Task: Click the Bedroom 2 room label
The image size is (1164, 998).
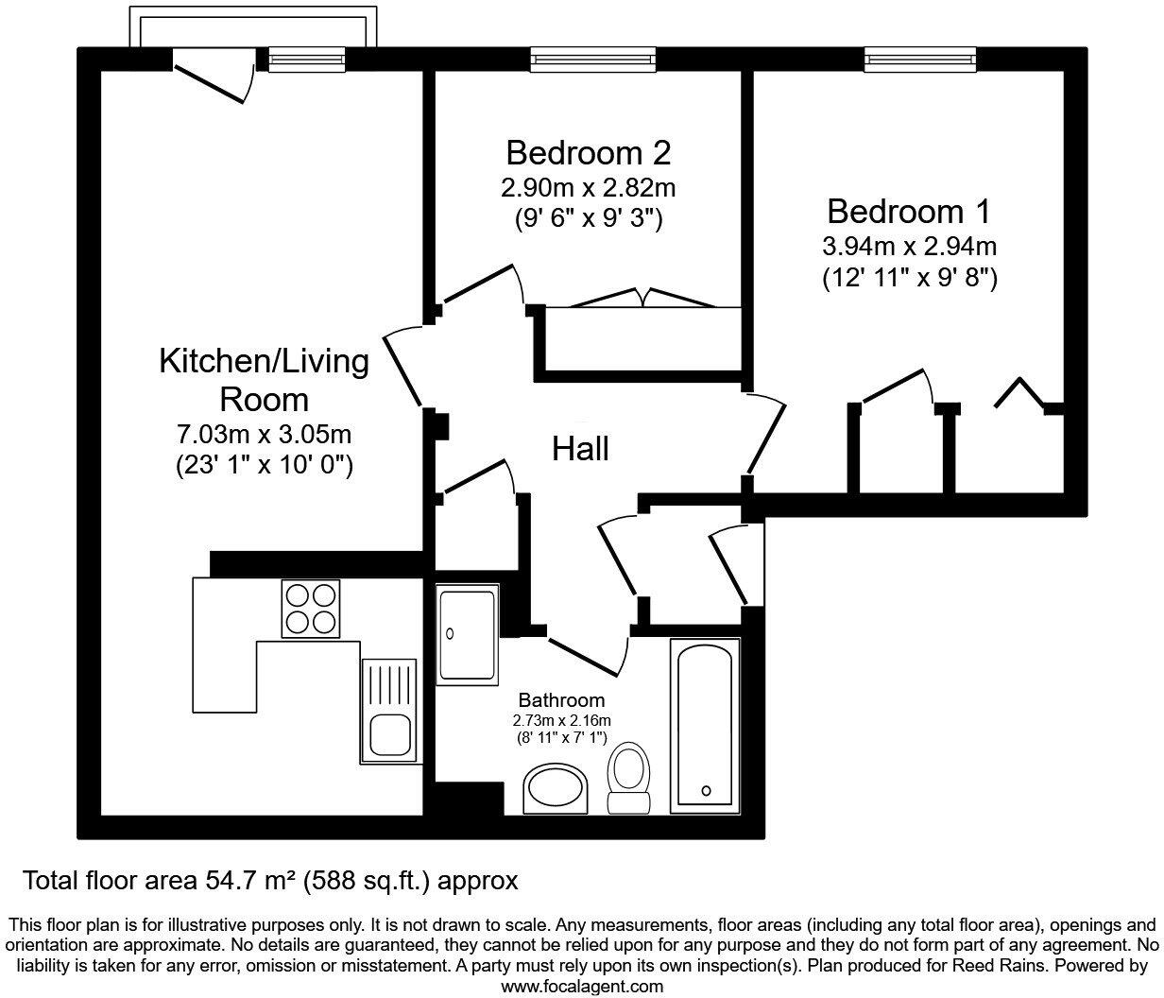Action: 588,152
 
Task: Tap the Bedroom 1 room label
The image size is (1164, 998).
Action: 909,211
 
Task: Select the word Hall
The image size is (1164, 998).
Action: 580,449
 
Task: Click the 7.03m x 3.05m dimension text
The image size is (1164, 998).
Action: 265,436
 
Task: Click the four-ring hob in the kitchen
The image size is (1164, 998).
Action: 310,609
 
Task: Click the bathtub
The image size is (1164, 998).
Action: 705,726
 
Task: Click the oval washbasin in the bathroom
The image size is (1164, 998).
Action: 556,790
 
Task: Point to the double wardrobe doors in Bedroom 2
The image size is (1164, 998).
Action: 643,298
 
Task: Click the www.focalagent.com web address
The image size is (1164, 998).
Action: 581,986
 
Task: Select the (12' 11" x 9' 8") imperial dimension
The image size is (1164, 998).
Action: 909,279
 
